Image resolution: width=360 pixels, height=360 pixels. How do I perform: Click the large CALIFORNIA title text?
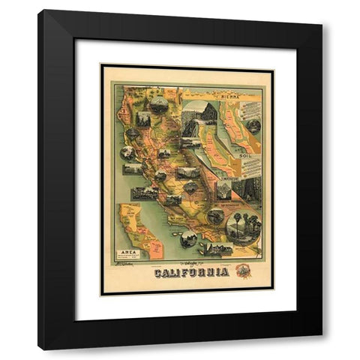click(x=191, y=271)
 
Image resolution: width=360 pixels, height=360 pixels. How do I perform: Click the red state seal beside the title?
click(x=243, y=270)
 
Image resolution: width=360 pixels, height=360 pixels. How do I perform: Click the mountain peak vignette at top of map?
click(x=158, y=105)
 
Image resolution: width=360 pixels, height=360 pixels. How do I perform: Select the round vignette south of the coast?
click(x=188, y=239)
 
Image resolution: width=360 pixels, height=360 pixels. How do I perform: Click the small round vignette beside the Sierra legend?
click(x=254, y=127)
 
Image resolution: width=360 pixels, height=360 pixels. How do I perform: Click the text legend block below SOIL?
click(x=250, y=165)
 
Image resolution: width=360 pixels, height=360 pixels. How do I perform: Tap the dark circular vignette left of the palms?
click(x=216, y=217)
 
